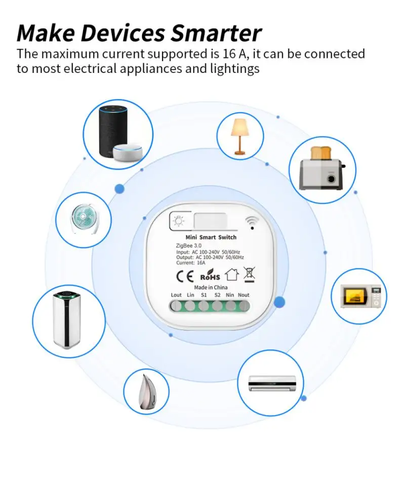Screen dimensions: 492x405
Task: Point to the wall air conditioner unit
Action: tap(272, 383)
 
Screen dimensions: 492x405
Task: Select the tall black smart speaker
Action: tap(111, 131)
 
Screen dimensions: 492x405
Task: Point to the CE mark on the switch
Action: tap(183, 276)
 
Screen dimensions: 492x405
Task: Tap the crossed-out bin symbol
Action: tap(249, 274)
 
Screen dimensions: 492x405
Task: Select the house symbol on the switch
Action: tap(231, 275)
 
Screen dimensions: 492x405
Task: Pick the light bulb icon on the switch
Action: tap(178, 221)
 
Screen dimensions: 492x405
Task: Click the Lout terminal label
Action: tap(176, 295)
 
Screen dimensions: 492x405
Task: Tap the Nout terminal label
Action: tap(244, 295)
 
